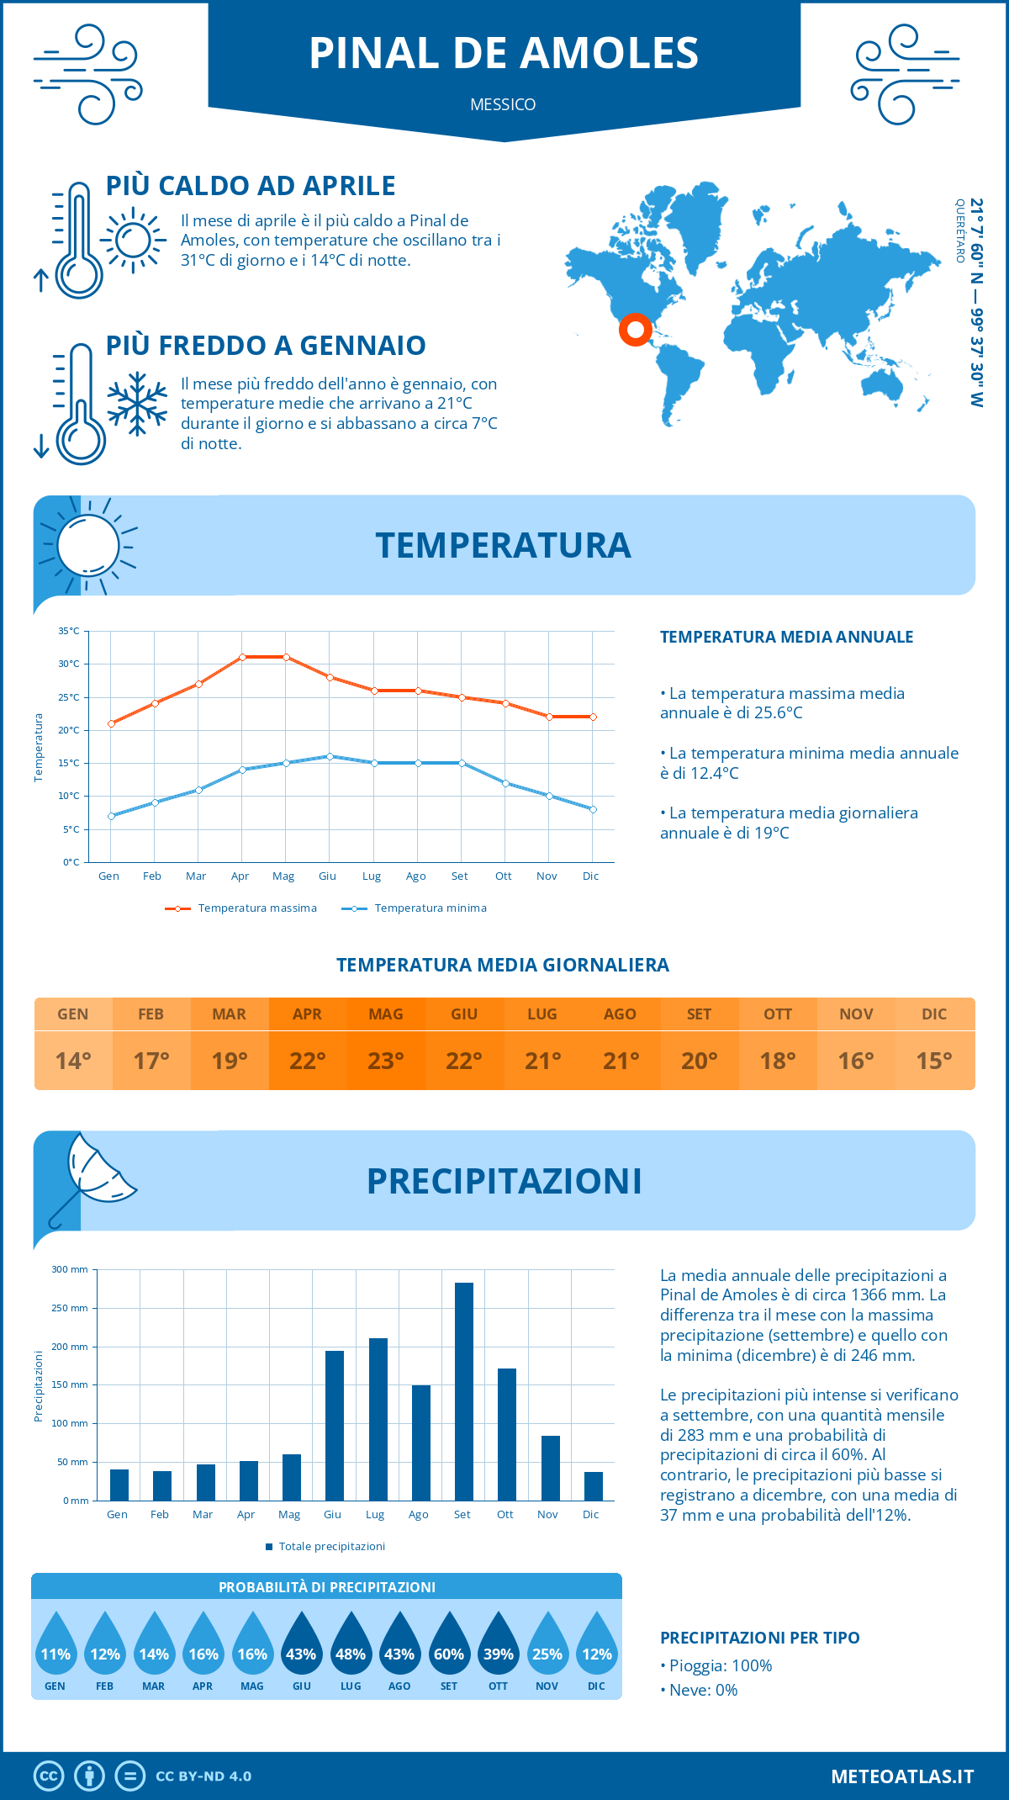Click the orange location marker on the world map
[635, 329]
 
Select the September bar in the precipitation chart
[463, 1391]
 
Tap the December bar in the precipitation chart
[593, 1486]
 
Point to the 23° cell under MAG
[385, 1061]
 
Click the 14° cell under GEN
[73, 1061]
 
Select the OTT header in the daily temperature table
[777, 1014]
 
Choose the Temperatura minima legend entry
[415, 908]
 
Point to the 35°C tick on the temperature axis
[70, 631]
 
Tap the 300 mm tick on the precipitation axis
[71, 1269]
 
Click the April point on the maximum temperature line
[242, 657]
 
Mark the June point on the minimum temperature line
[330, 756]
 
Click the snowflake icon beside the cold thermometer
[137, 404]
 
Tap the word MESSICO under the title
[503, 104]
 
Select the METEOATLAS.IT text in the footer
[901, 1776]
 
